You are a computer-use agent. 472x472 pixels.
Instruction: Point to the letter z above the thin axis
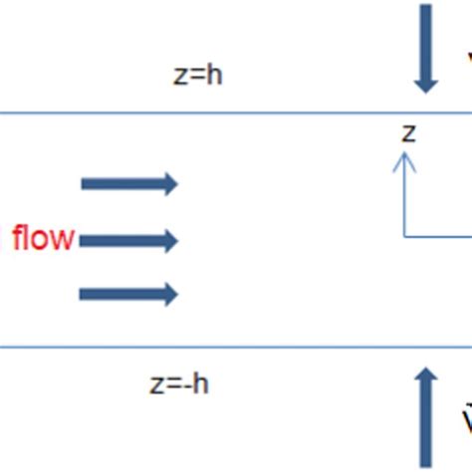pyautogui.click(x=407, y=132)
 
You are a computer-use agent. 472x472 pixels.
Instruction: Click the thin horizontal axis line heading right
pyautogui.click(x=438, y=236)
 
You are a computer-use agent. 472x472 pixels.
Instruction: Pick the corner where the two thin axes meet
pyautogui.click(x=404, y=236)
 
